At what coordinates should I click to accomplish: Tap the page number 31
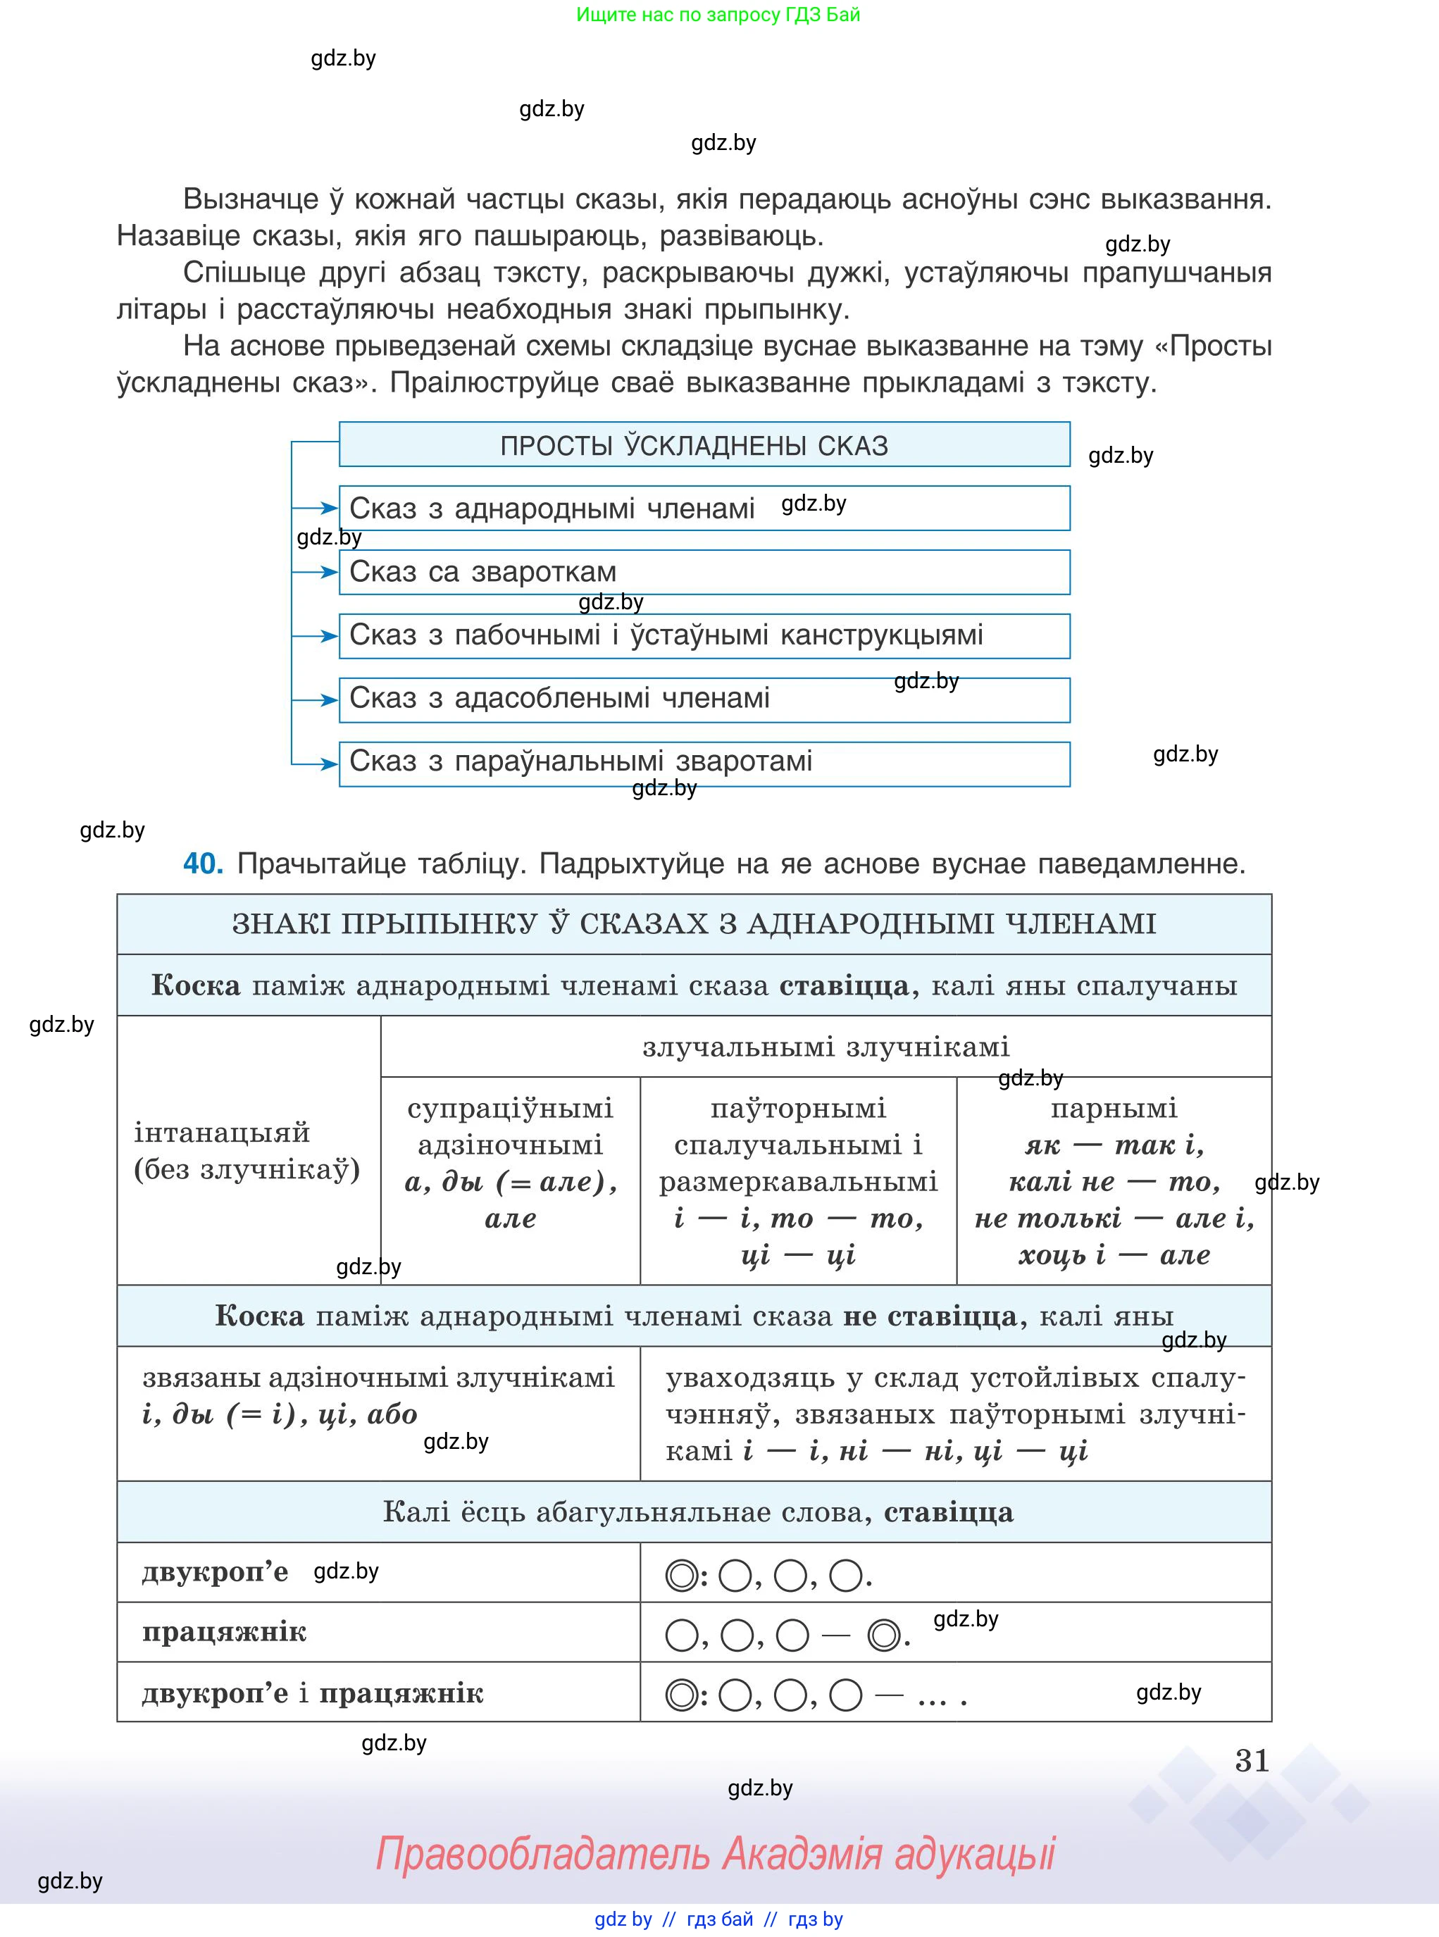1252,1760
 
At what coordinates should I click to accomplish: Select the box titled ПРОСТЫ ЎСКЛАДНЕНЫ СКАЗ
704,445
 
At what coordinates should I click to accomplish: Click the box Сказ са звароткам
704,572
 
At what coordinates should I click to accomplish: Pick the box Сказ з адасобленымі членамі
704,699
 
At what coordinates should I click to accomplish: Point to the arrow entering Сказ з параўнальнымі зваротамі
316,764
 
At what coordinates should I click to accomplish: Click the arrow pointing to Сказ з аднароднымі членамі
316,508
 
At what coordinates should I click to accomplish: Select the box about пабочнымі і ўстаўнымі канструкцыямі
704,636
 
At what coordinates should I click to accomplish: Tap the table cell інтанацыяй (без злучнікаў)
247,1150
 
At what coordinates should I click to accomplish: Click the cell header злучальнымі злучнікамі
825,1046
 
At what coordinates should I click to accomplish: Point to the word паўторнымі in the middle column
798,1108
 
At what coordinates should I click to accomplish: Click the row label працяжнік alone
224,1631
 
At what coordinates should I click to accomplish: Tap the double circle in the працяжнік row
884,1635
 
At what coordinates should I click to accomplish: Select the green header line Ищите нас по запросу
718,15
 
